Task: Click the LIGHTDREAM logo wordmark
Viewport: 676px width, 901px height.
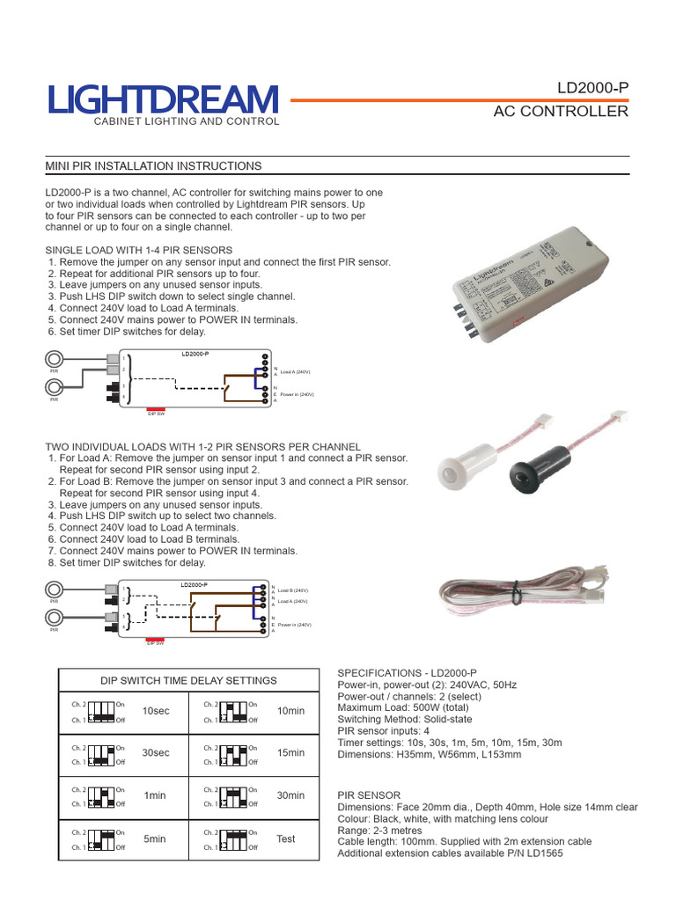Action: pos(163,99)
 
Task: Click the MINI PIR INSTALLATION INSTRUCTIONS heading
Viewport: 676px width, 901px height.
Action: pos(153,165)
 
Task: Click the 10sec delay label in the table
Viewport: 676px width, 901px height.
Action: pos(156,711)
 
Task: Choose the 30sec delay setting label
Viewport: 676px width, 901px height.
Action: pos(156,753)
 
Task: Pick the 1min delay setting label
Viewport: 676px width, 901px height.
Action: pos(155,796)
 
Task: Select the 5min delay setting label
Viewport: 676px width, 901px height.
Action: pos(155,839)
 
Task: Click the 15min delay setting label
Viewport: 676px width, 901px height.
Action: pos(290,753)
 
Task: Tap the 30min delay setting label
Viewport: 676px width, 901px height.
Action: pos(290,795)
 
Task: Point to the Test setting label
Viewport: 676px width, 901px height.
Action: pos(286,839)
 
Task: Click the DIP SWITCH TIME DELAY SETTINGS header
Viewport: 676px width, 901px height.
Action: pos(188,680)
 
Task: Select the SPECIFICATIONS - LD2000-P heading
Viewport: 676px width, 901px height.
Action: pos(407,672)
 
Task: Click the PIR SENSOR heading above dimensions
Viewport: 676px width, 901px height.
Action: pos(370,795)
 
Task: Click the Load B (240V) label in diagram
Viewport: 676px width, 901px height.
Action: pos(293,590)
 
